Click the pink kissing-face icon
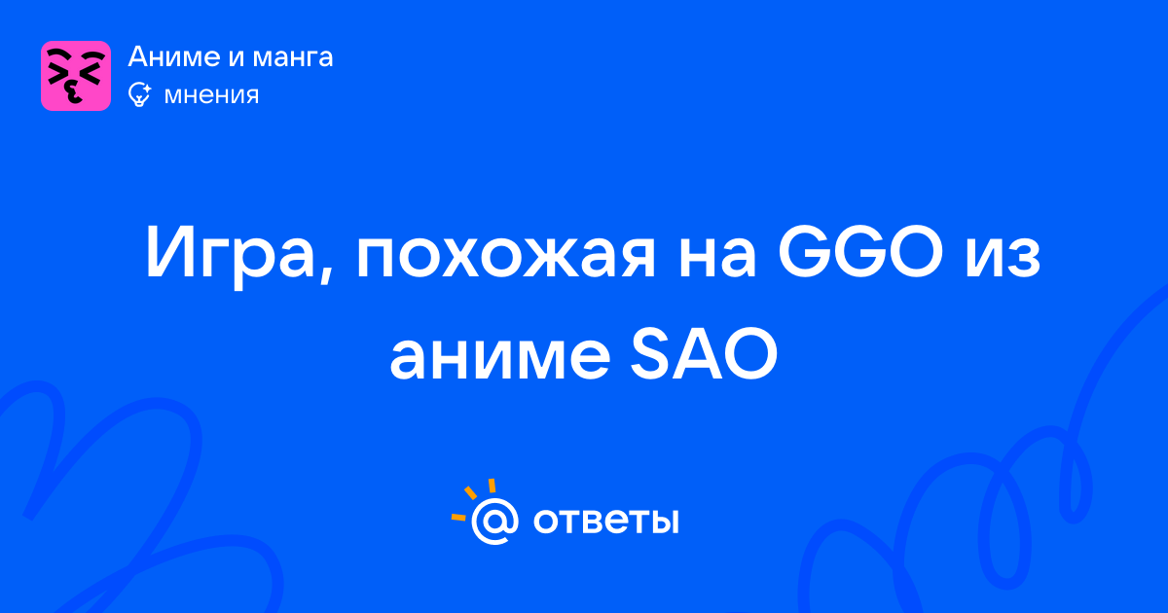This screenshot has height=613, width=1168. (x=76, y=76)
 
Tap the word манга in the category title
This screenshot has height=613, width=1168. (x=293, y=58)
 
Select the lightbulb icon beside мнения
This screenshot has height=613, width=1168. (x=139, y=94)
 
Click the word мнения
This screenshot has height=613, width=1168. (x=211, y=95)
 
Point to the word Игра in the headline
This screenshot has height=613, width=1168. (x=229, y=252)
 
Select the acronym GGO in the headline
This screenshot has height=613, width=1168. (x=860, y=251)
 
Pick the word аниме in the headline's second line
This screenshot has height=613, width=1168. (x=499, y=354)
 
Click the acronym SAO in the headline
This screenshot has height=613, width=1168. (x=704, y=353)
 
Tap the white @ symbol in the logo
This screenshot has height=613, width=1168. (x=494, y=522)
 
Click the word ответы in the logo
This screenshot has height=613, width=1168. (x=605, y=522)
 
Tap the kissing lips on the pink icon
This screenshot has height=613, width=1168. (x=73, y=93)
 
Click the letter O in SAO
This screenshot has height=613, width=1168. (x=748, y=353)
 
